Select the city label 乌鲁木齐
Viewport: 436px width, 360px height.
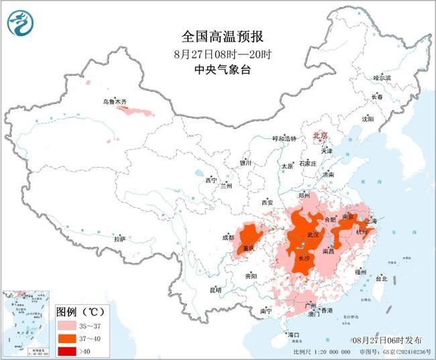click(x=114, y=101)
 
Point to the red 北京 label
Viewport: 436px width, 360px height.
click(x=319, y=135)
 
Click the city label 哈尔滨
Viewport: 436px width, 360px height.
click(x=382, y=78)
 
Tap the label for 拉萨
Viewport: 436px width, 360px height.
click(x=119, y=239)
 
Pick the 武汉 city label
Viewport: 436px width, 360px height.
click(x=313, y=235)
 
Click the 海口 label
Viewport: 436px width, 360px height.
click(x=292, y=334)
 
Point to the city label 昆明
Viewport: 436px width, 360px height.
click(x=215, y=290)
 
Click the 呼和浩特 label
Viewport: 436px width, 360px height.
click(x=283, y=138)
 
